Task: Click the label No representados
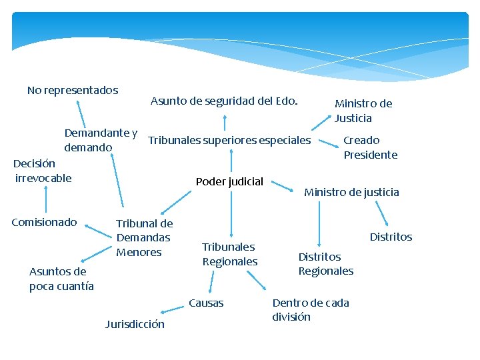point(73,90)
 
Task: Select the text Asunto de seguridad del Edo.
point(224,101)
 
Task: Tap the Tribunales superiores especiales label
point(229,140)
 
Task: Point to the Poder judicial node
point(229,181)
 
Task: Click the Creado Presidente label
point(370,147)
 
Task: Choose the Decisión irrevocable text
point(43,171)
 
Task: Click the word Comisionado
point(45,222)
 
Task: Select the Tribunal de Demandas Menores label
point(144,237)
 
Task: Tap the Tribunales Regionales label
point(229,254)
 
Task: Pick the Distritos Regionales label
point(325,264)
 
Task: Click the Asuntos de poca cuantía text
point(61,279)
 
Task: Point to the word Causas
point(206,303)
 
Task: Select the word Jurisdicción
point(135,325)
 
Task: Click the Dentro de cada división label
point(310,310)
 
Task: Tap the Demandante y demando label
point(101,139)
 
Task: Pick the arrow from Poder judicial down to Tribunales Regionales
point(231,213)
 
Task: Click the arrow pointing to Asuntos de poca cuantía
point(93,255)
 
